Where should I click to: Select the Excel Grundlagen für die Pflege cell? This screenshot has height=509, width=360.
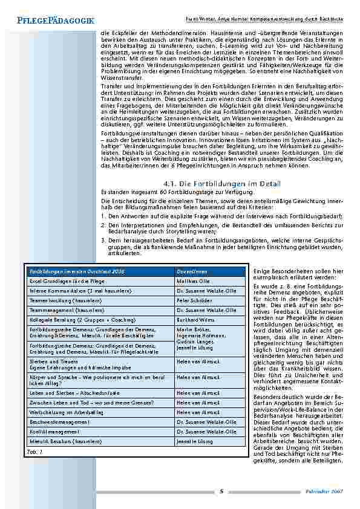point(64,282)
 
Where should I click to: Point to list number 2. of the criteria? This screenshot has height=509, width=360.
point(103,224)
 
